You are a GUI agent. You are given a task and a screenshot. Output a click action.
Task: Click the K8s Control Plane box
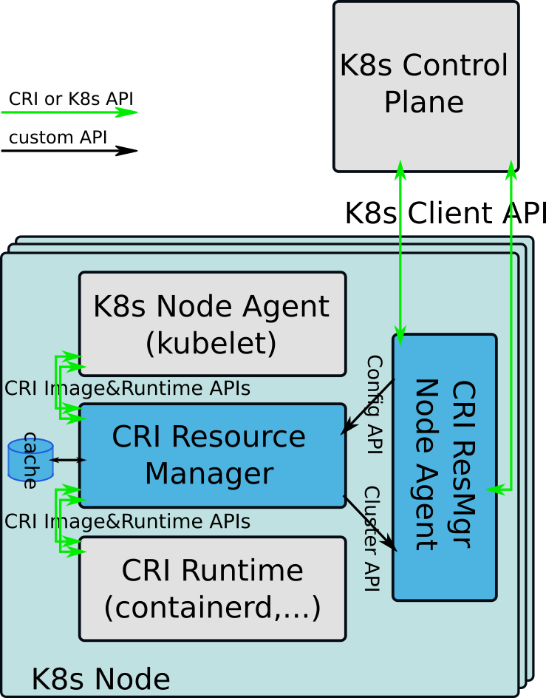click(x=426, y=85)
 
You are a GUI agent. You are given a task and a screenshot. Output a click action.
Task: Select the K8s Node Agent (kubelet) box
click(x=212, y=324)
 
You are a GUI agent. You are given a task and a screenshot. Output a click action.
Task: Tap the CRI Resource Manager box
click(x=212, y=455)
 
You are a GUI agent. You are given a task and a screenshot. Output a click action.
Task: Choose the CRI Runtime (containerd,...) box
click(x=212, y=588)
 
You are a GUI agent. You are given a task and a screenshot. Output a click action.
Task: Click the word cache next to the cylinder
click(x=30, y=461)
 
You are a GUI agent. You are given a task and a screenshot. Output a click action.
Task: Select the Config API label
click(x=375, y=404)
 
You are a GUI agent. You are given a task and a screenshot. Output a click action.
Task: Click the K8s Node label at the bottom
click(x=100, y=679)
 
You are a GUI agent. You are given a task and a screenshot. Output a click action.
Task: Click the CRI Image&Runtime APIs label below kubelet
click(x=127, y=388)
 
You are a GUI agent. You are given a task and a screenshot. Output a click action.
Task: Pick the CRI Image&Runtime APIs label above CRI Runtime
click(x=127, y=521)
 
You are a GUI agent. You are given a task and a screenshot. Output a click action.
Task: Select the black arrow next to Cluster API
click(x=371, y=523)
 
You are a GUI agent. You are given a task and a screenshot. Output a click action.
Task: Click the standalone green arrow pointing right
click(x=69, y=112)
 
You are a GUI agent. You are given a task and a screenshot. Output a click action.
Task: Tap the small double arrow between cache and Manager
click(x=67, y=460)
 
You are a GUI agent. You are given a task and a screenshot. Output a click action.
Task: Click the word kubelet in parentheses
click(x=211, y=343)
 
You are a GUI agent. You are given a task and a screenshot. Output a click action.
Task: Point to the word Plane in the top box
click(x=423, y=102)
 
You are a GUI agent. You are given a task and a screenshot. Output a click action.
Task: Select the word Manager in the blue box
click(x=209, y=473)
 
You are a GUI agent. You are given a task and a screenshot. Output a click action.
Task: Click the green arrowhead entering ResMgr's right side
click(x=494, y=489)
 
